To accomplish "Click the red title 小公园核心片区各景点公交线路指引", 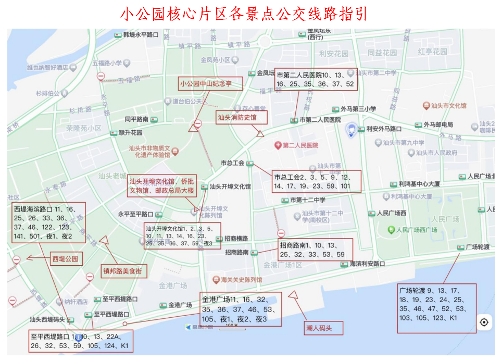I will pos(244,14).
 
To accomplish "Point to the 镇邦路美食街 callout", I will pos(124,271).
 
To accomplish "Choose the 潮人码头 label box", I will pos(324,328).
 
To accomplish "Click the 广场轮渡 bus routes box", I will pos(436,308).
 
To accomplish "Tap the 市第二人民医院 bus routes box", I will pos(316,79).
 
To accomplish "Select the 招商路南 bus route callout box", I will pos(316,250).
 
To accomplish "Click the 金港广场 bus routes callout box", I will pos(241,309).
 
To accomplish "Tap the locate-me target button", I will pos(484,322).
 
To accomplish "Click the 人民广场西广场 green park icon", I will pos(391,230).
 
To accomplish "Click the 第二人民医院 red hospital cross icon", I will pos(279,145).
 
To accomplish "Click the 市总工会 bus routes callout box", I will pos(317,181).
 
